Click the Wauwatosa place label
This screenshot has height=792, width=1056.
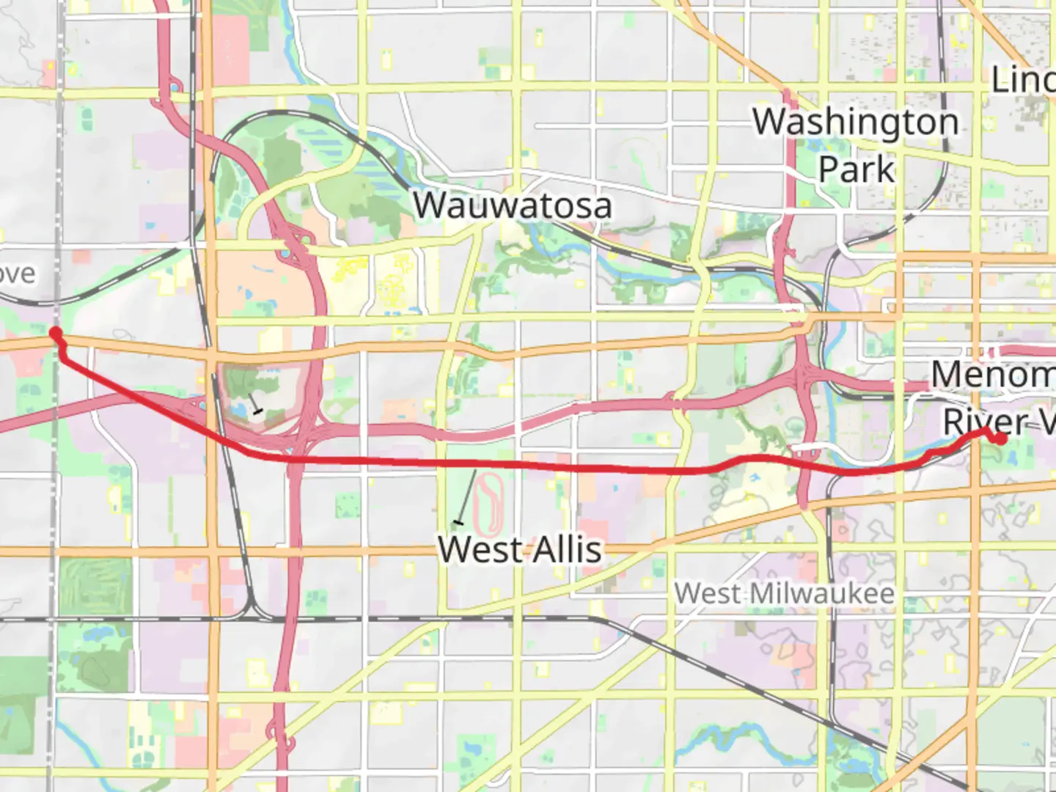pyautogui.click(x=512, y=205)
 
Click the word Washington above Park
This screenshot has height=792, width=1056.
pyautogui.click(x=856, y=122)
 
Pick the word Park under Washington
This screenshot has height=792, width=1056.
pyautogui.click(x=856, y=169)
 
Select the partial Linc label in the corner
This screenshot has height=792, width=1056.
pyautogui.click(x=1023, y=79)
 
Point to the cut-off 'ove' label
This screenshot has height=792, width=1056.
pyautogui.click(x=16, y=274)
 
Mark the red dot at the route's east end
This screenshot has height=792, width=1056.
pyautogui.click(x=1000, y=439)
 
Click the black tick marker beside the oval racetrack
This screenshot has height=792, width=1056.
pyautogui.click(x=459, y=522)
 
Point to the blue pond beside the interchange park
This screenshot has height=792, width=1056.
pyautogui.click(x=239, y=411)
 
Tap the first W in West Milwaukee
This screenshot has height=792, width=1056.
pyautogui.click(x=686, y=593)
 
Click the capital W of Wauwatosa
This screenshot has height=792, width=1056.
pyautogui.click(x=428, y=205)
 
